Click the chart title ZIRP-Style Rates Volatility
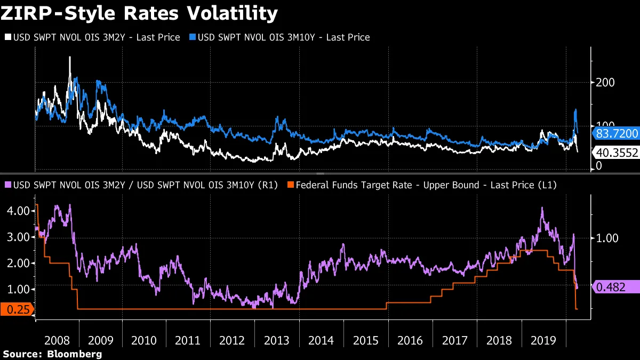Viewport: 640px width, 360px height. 139,13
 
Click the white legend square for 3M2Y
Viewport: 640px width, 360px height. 7,37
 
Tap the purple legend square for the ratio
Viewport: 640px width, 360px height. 7,185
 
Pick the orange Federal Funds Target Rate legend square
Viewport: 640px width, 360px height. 290,185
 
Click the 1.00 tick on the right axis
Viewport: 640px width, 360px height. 607,238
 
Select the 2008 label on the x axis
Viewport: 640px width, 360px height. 57,340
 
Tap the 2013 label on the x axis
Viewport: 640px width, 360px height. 277,340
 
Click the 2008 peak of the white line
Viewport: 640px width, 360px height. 70,57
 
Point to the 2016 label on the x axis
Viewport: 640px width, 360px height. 410,340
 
